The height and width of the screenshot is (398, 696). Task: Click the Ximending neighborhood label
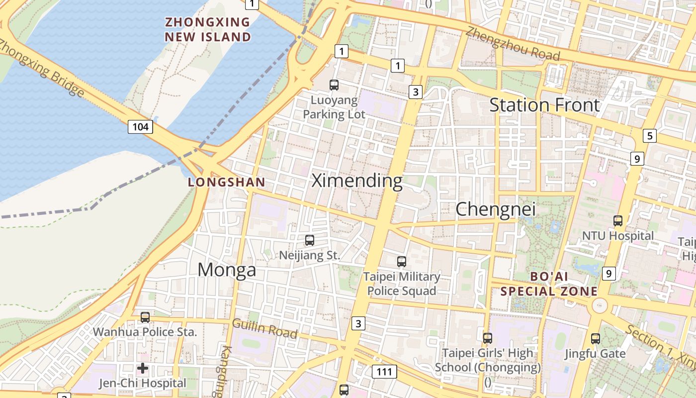pyautogui.click(x=356, y=181)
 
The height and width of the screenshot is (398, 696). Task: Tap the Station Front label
pyautogui.click(x=545, y=105)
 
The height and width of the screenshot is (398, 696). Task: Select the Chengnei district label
pyautogui.click(x=496, y=209)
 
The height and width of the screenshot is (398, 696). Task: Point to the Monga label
pyautogui.click(x=227, y=270)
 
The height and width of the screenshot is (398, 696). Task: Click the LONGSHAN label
pyautogui.click(x=227, y=183)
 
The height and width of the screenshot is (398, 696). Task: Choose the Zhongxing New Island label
pyautogui.click(x=208, y=29)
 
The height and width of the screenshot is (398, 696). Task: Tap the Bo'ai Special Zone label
pyautogui.click(x=549, y=284)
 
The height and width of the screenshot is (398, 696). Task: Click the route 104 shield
pyautogui.click(x=140, y=127)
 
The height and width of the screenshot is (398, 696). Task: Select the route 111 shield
pyautogui.click(x=384, y=371)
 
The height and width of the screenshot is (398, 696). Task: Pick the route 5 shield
pyautogui.click(x=649, y=135)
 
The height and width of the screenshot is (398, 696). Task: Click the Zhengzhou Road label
pyautogui.click(x=513, y=43)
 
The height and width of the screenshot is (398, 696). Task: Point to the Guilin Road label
pyautogui.click(x=264, y=328)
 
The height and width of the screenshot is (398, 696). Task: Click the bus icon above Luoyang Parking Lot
pyautogui.click(x=334, y=85)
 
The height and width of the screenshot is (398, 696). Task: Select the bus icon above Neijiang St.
pyautogui.click(x=310, y=240)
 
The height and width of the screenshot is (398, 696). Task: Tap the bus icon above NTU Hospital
pyautogui.click(x=618, y=221)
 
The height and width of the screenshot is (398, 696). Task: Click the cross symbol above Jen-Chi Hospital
pyautogui.click(x=143, y=368)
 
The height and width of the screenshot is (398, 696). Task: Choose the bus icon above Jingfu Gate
pyautogui.click(x=595, y=339)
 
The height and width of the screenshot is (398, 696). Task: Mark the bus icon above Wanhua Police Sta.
pyautogui.click(x=145, y=317)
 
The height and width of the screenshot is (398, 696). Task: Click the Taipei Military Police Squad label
pyautogui.click(x=402, y=284)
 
